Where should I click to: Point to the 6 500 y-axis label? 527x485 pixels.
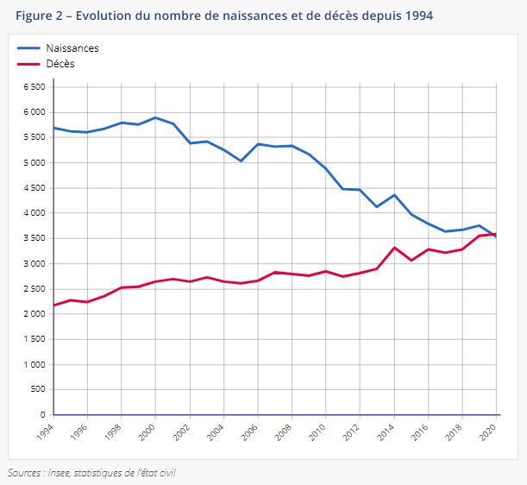tap(32, 87)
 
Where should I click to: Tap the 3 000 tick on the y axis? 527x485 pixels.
tap(32, 264)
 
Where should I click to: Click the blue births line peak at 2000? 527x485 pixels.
tap(155, 117)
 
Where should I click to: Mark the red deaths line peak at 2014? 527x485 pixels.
tap(394, 248)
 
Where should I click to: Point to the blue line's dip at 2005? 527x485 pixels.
tap(241, 161)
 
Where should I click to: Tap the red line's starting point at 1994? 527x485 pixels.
tap(53, 305)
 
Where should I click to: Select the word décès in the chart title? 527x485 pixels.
tap(339, 16)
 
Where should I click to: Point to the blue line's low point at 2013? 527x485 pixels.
tap(377, 207)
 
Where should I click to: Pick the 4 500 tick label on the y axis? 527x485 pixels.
tap(32, 188)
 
